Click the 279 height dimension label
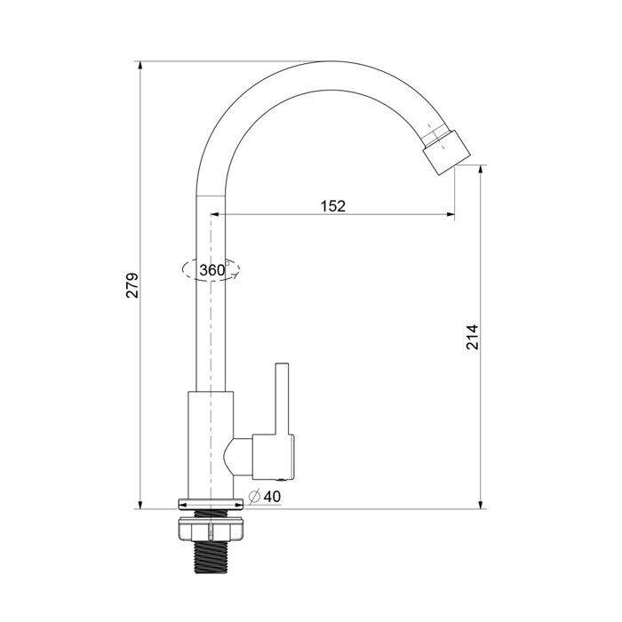(132, 285)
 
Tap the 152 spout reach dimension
(333, 206)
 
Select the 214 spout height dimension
(472, 337)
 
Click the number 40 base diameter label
(272, 496)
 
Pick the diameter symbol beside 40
(254, 496)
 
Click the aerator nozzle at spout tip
(447, 152)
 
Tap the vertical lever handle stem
(282, 398)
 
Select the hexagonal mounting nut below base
(211, 529)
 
